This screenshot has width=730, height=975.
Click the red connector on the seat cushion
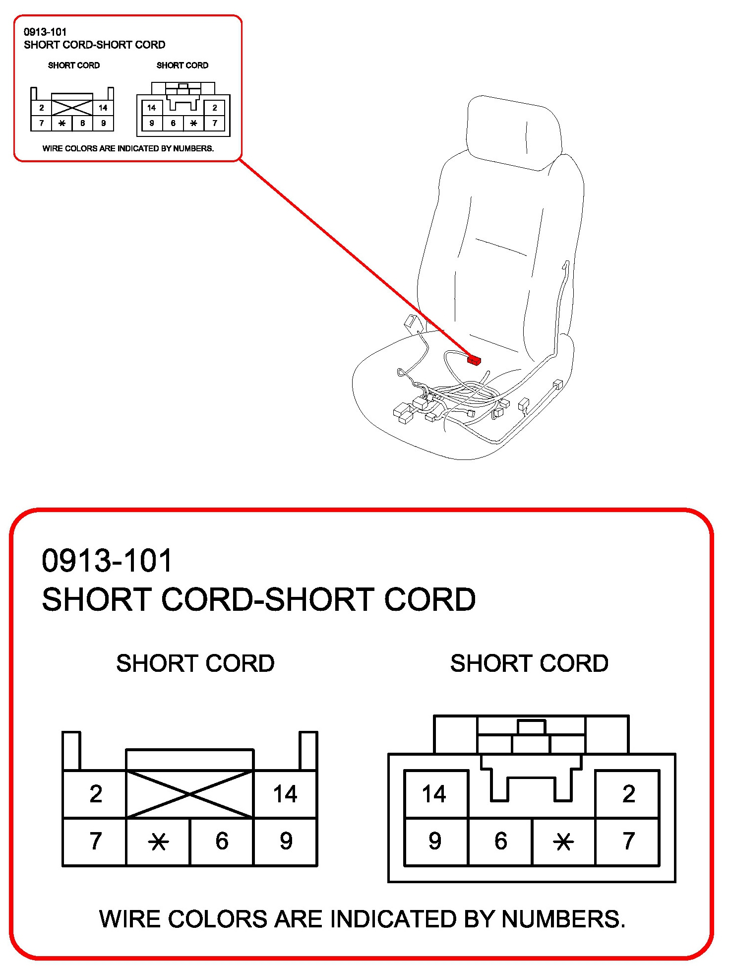coord(474,360)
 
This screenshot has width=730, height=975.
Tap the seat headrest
coord(513,131)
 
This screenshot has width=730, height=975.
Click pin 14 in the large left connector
coord(285,794)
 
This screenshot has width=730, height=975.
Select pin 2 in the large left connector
coord(96,794)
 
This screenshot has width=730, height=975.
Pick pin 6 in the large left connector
coord(222,841)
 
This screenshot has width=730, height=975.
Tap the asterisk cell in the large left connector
coord(159,842)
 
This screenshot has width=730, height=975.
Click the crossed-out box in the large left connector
coord(190,794)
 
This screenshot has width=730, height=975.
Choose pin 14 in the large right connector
coord(434,794)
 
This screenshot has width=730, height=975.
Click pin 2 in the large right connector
coord(628,794)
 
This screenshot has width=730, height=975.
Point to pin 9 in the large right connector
coord(435,841)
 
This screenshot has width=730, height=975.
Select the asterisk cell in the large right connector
coord(563,842)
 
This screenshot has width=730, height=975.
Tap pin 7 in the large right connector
coord(628,841)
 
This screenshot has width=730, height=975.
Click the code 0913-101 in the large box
coord(107,561)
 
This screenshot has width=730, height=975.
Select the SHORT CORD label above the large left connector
coord(195,663)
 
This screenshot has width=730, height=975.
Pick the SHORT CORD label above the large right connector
coord(529,663)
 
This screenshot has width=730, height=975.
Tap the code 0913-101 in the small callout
coord(45,32)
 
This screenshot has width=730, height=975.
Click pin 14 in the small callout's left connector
coord(103,108)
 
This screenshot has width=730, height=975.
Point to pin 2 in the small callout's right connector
coord(215,108)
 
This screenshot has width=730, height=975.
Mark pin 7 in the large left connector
coord(96,841)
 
